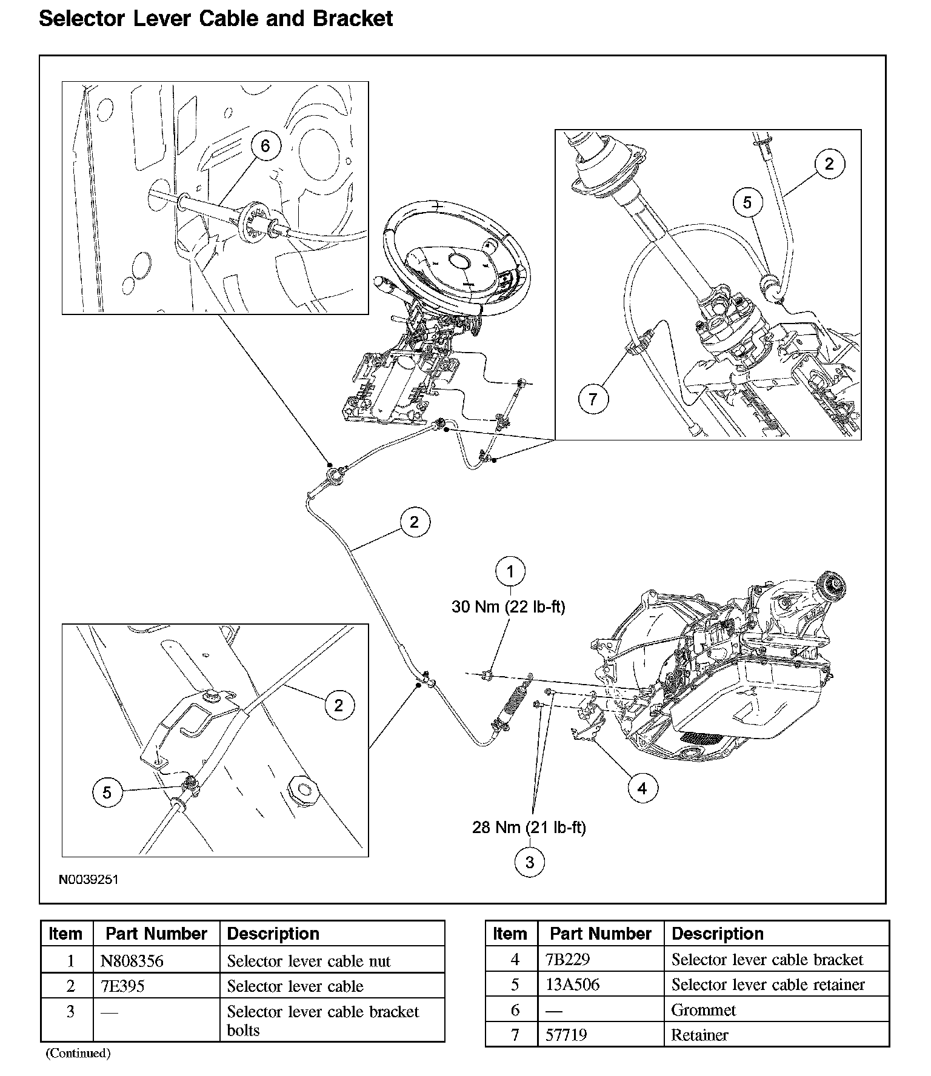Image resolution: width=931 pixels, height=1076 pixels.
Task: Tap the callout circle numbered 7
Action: tap(593, 399)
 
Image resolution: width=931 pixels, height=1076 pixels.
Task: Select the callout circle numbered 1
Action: tap(510, 571)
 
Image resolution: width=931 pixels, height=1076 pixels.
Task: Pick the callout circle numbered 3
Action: tap(530, 862)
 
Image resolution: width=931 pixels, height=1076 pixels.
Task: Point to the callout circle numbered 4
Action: tap(642, 788)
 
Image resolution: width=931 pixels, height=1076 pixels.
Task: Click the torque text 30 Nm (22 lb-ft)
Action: tap(508, 606)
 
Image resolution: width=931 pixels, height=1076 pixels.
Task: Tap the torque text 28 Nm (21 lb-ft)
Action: tap(529, 828)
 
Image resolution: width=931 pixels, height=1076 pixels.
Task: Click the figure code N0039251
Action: tap(88, 879)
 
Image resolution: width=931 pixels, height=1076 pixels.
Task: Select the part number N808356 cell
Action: tap(132, 961)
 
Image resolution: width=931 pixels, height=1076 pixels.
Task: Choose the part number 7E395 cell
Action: tap(122, 986)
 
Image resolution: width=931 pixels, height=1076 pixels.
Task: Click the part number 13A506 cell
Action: tap(572, 985)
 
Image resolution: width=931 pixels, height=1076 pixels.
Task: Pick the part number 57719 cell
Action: tap(566, 1035)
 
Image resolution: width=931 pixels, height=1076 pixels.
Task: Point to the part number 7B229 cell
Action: tap(567, 960)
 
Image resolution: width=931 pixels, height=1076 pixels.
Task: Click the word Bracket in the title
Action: tap(353, 19)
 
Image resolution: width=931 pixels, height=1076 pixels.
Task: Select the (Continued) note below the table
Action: tap(78, 1053)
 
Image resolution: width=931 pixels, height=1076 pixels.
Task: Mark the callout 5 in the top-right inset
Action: tap(747, 202)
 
